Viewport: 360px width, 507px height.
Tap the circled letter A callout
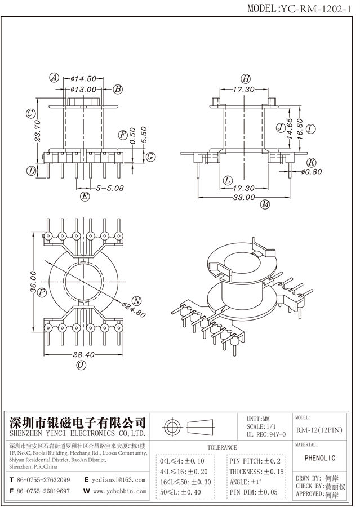[x=54, y=78]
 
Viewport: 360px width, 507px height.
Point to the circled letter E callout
[x=85, y=196]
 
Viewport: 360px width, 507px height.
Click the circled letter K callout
[x=310, y=162]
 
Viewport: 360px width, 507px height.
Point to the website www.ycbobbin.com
[x=118, y=491]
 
